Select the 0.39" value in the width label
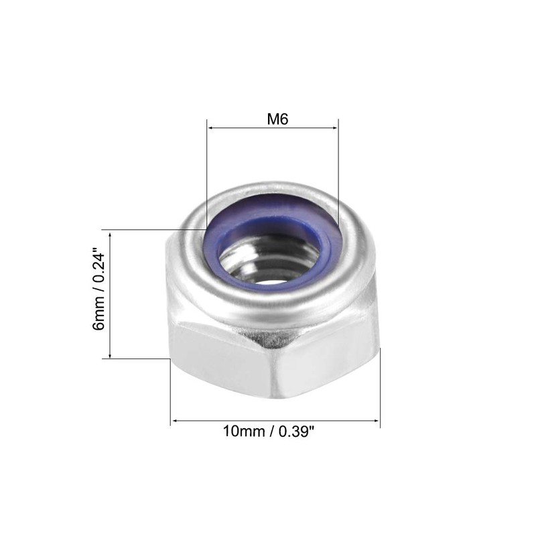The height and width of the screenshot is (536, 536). (294, 432)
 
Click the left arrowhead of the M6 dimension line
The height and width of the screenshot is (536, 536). (210, 127)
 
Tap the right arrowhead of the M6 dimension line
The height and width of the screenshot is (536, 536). (334, 127)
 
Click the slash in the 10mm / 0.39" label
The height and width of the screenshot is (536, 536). (271, 432)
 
